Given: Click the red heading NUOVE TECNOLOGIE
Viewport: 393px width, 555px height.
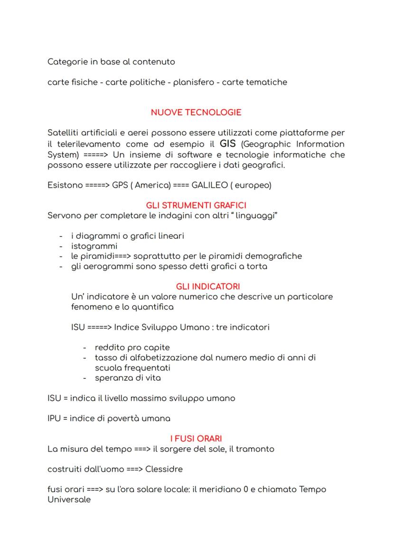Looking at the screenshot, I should (196, 113).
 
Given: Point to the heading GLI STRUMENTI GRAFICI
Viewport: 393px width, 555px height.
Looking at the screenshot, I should (196, 206).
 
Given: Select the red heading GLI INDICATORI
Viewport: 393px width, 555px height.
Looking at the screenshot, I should (208, 286).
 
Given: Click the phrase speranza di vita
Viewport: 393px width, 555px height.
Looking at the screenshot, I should (128, 378).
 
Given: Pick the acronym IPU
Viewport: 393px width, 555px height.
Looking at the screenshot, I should (55, 418).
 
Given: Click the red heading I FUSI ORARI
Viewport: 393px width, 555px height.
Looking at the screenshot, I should (196, 439).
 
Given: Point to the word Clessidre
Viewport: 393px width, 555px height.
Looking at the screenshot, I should (164, 469).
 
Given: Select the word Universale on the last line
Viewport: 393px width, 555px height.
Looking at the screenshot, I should (69, 500).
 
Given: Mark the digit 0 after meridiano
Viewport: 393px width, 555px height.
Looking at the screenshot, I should (240, 489).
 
